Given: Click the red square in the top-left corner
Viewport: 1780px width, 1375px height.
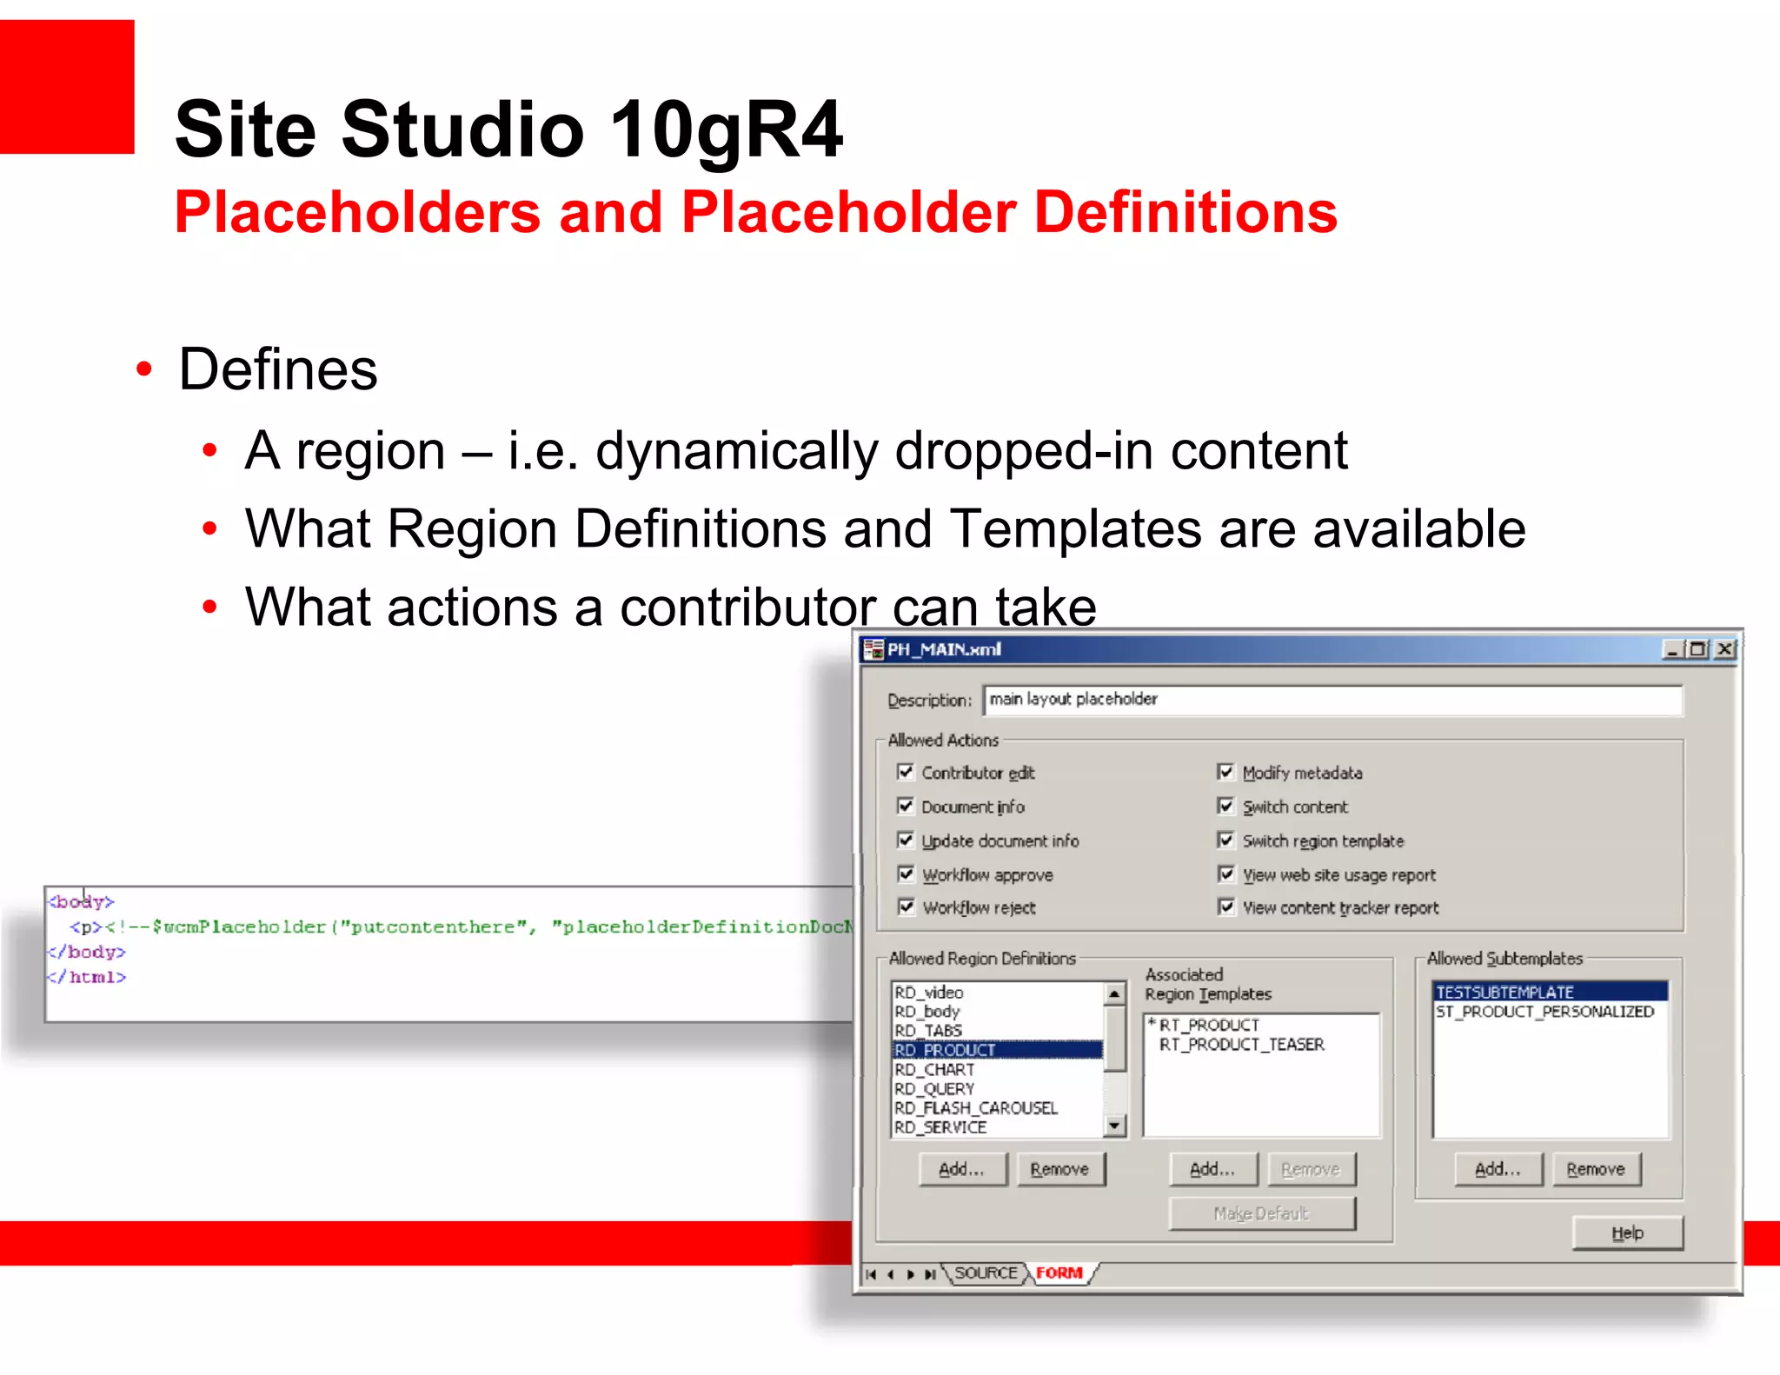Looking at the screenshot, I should [67, 87].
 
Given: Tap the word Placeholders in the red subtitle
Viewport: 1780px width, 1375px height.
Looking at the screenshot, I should [357, 213].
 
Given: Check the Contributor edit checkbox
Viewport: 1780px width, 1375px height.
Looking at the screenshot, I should [906, 772].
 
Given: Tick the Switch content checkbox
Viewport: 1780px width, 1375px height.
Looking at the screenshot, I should [1226, 806].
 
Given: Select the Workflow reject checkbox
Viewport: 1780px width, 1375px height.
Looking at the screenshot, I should [906, 907].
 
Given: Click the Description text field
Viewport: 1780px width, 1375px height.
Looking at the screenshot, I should [1332, 700].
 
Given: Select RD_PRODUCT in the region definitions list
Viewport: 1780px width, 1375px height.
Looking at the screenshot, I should [946, 1050].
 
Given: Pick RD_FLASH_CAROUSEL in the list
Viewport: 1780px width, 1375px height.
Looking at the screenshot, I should [975, 1108].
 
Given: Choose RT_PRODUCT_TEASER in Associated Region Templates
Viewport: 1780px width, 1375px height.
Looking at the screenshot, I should [1241, 1045].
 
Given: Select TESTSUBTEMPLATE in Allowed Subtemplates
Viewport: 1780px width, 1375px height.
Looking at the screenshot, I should [1504, 992].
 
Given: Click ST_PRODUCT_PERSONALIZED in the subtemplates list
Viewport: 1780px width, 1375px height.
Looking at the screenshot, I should [1544, 1012].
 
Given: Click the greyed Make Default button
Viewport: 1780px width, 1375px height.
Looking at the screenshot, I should [1261, 1213].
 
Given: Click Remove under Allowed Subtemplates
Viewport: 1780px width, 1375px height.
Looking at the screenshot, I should [1595, 1169].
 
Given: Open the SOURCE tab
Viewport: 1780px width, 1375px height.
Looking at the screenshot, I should [986, 1273].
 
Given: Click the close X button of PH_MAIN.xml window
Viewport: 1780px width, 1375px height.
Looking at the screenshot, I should [1724, 649].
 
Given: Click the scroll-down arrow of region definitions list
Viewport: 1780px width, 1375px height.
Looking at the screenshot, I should [1114, 1126].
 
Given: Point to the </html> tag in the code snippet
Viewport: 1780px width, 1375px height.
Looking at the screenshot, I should [88, 978].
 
